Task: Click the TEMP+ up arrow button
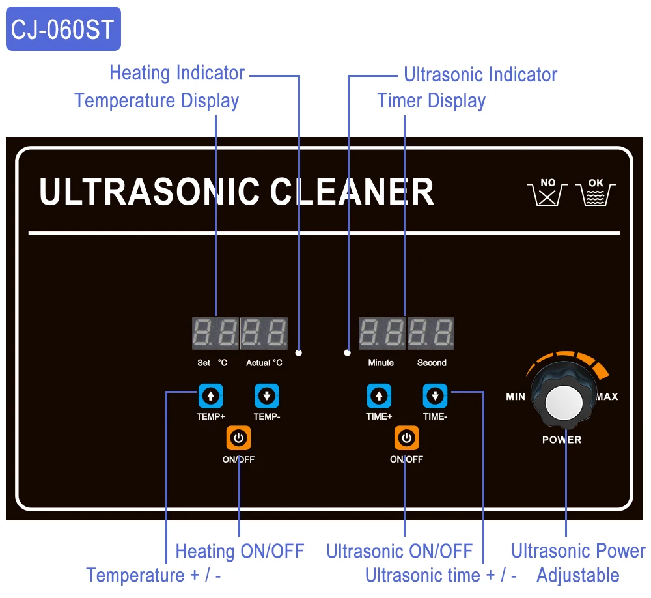[210, 395]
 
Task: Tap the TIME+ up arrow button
[379, 395]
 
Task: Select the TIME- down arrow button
[435, 395]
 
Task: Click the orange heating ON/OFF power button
[238, 438]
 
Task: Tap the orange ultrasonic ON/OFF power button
[407, 438]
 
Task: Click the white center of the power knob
[564, 403]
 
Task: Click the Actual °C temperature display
[264, 334]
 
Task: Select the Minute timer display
[382, 334]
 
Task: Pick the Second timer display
[431, 334]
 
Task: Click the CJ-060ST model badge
[63, 29]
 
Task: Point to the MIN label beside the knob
[516, 397]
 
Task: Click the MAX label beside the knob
[607, 397]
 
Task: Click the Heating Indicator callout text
[177, 73]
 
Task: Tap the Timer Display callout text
[432, 101]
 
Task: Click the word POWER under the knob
[562, 440]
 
